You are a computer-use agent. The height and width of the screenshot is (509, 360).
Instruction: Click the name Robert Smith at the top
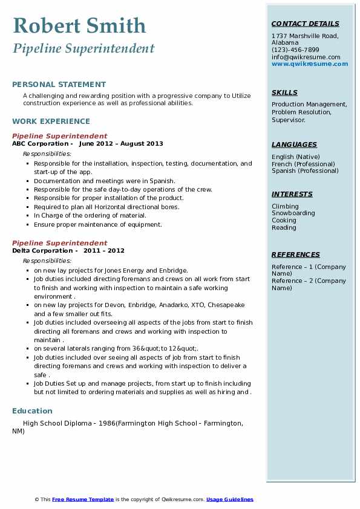click(79, 26)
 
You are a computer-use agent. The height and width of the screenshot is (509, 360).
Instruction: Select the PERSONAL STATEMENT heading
click(59, 85)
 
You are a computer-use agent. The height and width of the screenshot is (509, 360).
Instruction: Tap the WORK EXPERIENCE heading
click(51, 122)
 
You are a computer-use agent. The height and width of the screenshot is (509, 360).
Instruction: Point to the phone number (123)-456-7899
click(295, 50)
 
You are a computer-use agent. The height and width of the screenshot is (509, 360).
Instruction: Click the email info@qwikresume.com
click(301, 57)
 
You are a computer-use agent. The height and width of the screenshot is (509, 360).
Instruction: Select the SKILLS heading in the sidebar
click(284, 93)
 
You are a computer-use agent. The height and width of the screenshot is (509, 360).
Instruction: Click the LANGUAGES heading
click(294, 145)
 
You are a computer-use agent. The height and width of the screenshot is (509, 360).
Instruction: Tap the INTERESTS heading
click(292, 195)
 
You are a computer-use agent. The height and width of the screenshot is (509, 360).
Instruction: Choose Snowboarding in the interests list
click(293, 213)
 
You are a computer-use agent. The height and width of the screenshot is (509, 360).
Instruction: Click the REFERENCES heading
click(296, 255)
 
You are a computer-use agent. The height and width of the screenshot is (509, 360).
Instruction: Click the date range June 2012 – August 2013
click(121, 144)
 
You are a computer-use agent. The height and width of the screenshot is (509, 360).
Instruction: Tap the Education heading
click(32, 411)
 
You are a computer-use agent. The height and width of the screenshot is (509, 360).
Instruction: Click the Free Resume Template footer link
click(83, 499)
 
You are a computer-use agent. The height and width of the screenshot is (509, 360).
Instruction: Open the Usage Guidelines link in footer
click(229, 499)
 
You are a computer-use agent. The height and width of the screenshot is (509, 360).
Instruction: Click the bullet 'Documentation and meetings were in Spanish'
click(105, 181)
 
